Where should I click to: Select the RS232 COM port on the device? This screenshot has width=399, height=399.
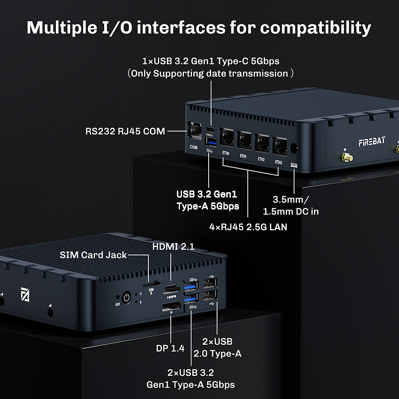pyautogui.click(x=194, y=131)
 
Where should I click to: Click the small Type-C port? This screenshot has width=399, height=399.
pyautogui.click(x=210, y=130)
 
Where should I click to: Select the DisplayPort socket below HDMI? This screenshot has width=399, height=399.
pyautogui.click(x=171, y=306)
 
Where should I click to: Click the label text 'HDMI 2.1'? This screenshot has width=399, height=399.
pyautogui.click(x=174, y=247)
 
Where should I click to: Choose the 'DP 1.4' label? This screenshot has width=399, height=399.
pyautogui.click(x=170, y=348)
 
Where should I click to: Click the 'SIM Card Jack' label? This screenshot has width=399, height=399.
pyautogui.click(x=93, y=255)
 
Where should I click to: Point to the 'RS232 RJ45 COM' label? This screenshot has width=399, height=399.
pyautogui.click(x=125, y=131)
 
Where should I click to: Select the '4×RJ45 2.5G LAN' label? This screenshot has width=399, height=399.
pyautogui.click(x=248, y=227)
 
